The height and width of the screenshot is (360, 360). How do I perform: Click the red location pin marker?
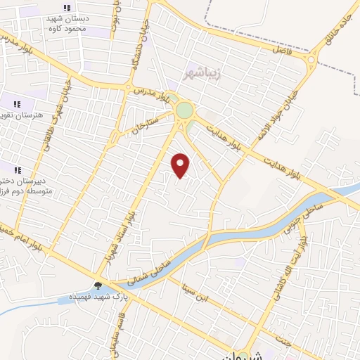pos(181,165)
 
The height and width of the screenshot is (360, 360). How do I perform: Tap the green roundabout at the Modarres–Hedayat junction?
pos(184,110)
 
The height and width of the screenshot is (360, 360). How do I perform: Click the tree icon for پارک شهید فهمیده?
pos(98,285)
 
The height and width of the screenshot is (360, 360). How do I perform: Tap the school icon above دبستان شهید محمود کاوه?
pos(67,8)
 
